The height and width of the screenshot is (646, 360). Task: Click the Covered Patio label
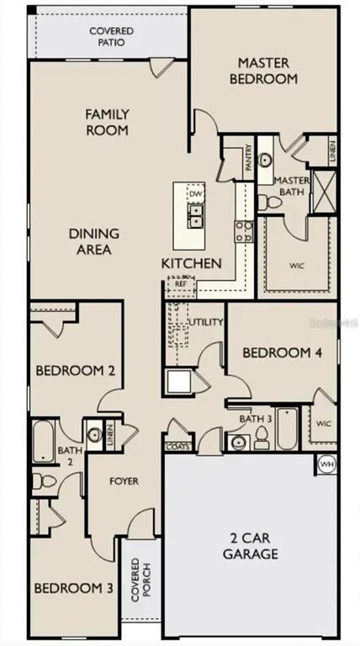[x=111, y=36]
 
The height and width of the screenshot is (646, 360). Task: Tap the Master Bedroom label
[x=267, y=71]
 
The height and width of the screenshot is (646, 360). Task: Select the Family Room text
[x=108, y=122]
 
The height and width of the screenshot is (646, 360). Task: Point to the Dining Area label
[x=94, y=241]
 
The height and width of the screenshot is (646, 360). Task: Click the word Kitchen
[x=192, y=263]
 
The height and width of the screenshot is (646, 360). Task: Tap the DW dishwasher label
[x=196, y=194]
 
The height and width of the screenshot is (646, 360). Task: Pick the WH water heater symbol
[x=326, y=462]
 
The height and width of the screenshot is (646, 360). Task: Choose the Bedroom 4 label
[x=282, y=353]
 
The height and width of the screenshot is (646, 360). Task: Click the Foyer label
[x=124, y=481]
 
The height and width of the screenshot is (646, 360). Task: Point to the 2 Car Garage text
[x=251, y=547]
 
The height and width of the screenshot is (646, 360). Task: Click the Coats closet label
[x=177, y=446]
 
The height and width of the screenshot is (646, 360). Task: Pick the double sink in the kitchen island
[x=196, y=220]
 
